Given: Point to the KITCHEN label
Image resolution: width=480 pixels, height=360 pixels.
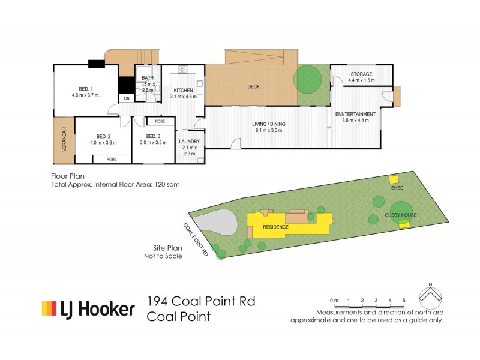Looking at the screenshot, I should coord(183,90).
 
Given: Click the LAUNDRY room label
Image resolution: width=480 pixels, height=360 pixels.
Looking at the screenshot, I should coord(189,142).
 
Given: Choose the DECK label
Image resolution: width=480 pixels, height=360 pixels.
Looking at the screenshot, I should coord(254,87).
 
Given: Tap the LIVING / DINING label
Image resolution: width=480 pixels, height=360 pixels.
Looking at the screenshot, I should coord(269,124).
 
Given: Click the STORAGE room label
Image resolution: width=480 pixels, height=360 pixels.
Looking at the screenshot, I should coord(362,74).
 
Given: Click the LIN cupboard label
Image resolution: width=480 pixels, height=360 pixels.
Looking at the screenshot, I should coord(127,98).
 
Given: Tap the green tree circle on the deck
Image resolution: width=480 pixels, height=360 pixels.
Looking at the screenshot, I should coord(307,78).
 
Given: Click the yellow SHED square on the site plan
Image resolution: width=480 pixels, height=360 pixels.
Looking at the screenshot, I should coord(394,179).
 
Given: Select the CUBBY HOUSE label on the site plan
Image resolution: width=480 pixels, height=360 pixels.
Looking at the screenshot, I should coord(401,214).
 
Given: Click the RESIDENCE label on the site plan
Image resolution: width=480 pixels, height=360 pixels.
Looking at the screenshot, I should coord(275,227).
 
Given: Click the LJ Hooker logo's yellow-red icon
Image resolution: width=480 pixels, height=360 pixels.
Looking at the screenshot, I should coord(49,308).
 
